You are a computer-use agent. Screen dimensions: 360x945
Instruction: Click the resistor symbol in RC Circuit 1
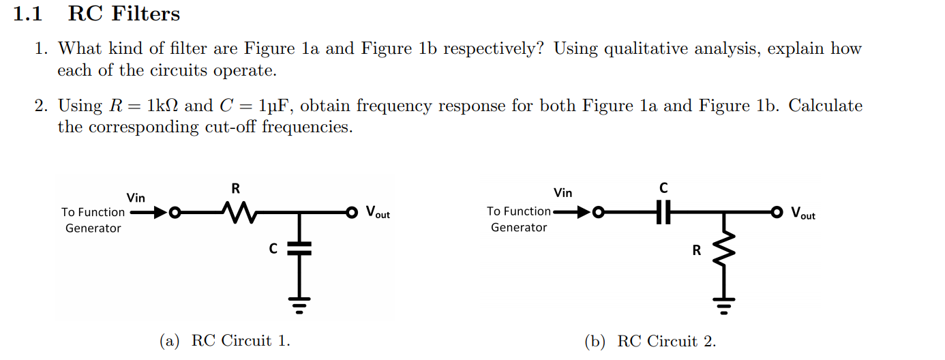[x=236, y=213]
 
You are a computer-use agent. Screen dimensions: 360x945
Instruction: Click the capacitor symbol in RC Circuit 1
[x=298, y=248]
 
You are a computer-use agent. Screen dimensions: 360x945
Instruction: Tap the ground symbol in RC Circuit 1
[x=298, y=303]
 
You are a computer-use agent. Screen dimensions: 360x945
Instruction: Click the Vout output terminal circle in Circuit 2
[x=777, y=212]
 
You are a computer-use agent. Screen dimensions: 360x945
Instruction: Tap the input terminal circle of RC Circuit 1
[x=175, y=213]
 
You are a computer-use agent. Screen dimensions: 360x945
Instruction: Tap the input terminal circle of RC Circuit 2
[x=599, y=212]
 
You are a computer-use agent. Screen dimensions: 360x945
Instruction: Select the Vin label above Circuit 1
[x=136, y=198]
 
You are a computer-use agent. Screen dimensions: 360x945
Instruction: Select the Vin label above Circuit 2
[x=563, y=193]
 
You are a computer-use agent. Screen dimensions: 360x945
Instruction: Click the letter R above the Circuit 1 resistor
[x=236, y=188]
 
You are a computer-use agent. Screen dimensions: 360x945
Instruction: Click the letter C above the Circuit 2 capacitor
[x=663, y=187]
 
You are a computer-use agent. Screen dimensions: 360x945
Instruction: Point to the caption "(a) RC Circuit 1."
[x=225, y=341]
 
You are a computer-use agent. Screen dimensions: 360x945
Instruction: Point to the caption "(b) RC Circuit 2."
[x=650, y=342]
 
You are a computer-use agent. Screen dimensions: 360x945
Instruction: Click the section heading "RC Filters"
[x=124, y=14]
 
